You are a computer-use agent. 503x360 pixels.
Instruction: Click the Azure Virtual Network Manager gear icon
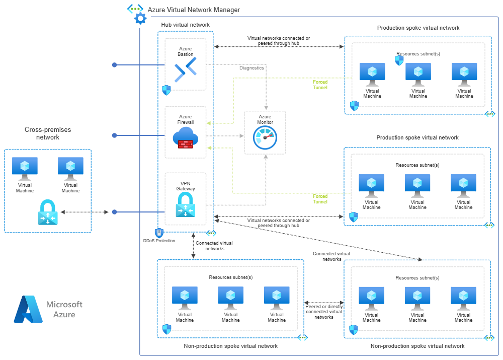coord(139,16)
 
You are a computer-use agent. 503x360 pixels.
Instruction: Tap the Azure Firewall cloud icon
coord(185,138)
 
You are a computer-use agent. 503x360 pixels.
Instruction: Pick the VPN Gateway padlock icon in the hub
coord(185,205)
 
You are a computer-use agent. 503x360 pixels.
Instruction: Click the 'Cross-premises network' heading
coord(48,133)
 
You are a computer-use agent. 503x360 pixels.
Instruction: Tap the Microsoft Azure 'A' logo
coord(28,309)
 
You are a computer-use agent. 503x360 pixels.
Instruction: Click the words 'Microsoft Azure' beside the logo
coord(64,309)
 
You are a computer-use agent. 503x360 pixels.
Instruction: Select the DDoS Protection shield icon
coord(159,233)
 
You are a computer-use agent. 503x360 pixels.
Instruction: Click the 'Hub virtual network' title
coord(185,25)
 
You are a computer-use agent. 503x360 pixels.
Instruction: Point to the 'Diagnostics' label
coord(251,68)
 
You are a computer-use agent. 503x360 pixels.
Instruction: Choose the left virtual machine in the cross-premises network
coord(25,169)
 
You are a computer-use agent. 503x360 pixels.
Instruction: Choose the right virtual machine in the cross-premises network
coord(70,169)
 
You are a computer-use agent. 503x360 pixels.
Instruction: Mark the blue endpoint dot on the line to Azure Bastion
coord(114,65)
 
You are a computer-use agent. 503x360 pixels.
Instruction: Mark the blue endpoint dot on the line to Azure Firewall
coord(114,135)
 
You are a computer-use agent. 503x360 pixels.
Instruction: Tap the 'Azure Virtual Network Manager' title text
coord(194,10)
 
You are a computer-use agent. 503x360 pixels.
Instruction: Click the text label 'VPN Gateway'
coord(185,186)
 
